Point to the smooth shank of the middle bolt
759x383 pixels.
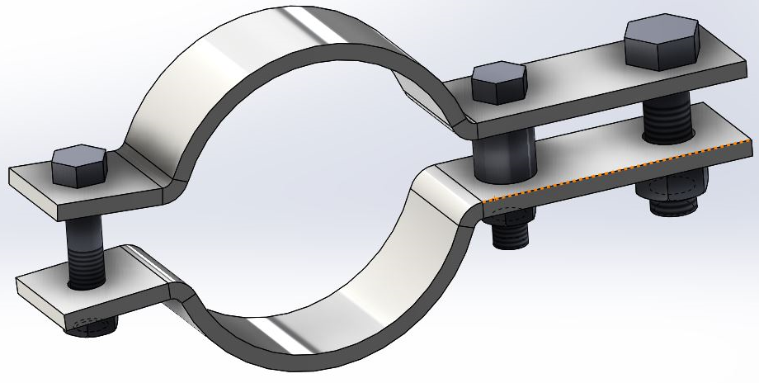[506, 157]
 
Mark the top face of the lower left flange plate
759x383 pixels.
[74, 272]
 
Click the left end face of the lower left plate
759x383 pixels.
[21, 289]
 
